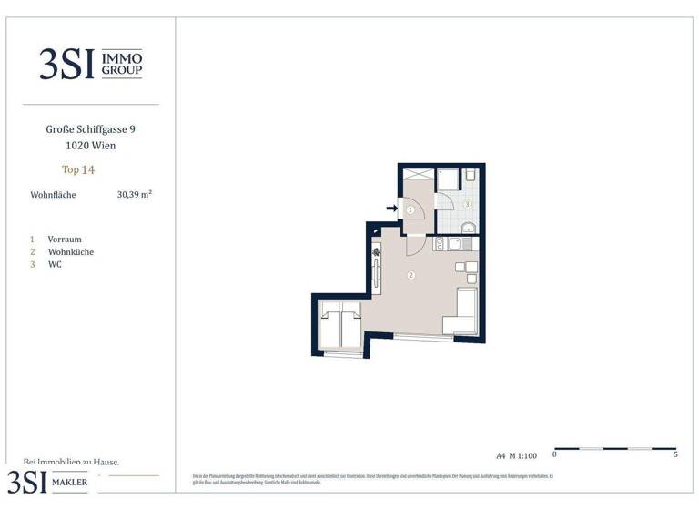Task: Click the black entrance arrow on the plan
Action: pos(391,209)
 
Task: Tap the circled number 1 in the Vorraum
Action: pos(410,209)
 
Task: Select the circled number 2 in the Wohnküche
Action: pos(410,275)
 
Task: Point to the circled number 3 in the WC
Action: pos(467,205)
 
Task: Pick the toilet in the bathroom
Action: pos(471,176)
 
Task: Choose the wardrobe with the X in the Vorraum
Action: pos(417,174)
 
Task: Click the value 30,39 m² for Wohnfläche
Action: pos(134,194)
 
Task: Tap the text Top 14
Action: pos(78,169)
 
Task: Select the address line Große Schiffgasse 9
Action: pos(90,129)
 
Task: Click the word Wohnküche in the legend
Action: pos(71,252)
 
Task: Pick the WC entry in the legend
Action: pos(56,265)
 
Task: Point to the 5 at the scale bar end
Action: pos(675,454)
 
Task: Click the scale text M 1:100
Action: pos(524,455)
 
